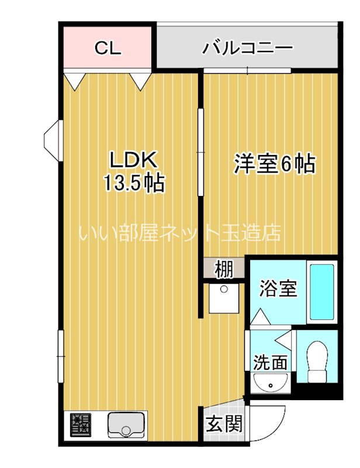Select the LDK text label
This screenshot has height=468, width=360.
tap(133, 160)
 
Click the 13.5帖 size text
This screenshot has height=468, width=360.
tap(133, 184)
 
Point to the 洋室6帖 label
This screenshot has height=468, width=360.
tap(274, 164)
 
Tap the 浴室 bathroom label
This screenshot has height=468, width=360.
tap(278, 288)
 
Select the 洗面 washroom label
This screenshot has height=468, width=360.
tap(270, 362)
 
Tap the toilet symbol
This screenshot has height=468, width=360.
tap(318, 361)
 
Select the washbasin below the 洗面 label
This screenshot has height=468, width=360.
tap(270, 383)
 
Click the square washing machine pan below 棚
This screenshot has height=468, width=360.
tap(223, 298)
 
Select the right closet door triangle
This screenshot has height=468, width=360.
tap(141, 80)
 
